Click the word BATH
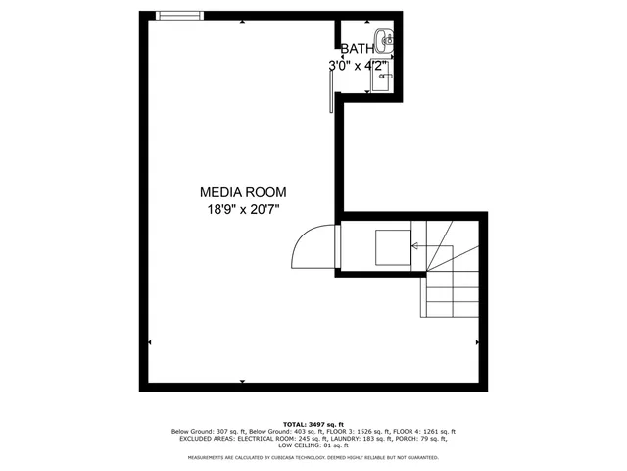(357, 48)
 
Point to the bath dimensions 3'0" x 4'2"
(359, 65)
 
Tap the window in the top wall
(181, 15)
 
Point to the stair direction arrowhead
(415, 246)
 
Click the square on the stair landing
(394, 246)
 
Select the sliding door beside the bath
(333, 93)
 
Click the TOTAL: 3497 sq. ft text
(313, 423)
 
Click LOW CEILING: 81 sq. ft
(313, 447)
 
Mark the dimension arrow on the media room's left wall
(149, 342)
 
